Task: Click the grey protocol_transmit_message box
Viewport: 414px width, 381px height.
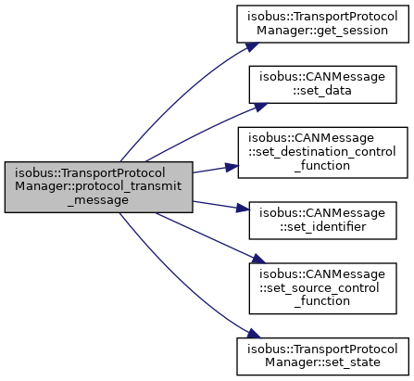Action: pos(99,187)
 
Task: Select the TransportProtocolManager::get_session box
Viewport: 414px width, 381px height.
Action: pos(322,24)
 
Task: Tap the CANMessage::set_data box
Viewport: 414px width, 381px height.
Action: pos(322,84)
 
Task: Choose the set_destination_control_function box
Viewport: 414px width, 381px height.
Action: pos(322,152)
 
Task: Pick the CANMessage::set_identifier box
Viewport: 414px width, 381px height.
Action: pos(322,221)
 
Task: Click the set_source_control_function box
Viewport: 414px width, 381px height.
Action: pos(322,288)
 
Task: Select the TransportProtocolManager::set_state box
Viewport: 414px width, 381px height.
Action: pos(322,356)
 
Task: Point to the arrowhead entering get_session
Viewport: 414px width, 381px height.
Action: pos(253,46)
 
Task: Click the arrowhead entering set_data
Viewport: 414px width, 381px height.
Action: pos(261,107)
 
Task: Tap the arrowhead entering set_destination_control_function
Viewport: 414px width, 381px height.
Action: pos(232,167)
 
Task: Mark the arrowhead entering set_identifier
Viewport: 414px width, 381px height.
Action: pos(243,209)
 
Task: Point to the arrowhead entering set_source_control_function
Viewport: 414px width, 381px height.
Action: pos(258,259)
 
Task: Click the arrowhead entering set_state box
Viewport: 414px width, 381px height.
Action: pos(254,334)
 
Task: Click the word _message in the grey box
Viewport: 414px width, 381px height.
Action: pos(98,200)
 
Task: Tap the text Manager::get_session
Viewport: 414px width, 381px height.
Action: pos(322,31)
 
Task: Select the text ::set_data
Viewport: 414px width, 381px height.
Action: pos(322,91)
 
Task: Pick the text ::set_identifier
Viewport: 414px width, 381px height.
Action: pos(323,227)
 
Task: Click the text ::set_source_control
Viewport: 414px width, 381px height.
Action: pos(320,288)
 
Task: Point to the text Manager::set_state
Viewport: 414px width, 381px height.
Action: pos(322,362)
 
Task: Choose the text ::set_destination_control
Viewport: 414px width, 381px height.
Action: pos(322,152)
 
